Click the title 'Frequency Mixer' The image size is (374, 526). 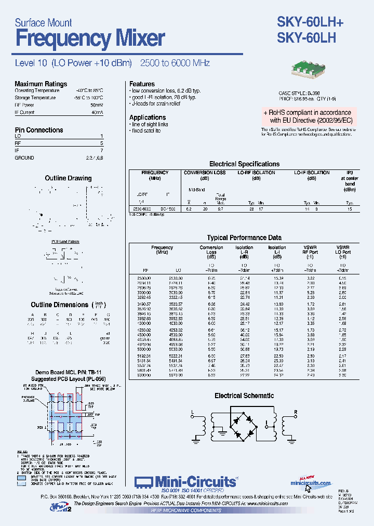(90, 38)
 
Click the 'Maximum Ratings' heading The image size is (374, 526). (41, 84)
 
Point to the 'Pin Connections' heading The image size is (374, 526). (39, 130)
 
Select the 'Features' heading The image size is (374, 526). (142, 84)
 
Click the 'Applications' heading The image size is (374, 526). (148, 117)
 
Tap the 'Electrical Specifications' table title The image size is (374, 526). (244, 164)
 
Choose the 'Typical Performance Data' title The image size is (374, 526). (244, 238)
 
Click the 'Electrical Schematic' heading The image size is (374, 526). (244, 396)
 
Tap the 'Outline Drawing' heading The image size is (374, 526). (68, 178)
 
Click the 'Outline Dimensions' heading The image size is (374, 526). (59, 305)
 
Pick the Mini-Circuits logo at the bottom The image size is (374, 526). (186, 482)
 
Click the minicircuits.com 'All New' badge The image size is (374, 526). (310, 481)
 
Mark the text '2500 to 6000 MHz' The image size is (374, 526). (175, 63)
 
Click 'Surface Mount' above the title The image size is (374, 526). (43, 22)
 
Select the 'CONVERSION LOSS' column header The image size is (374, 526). (205, 173)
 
